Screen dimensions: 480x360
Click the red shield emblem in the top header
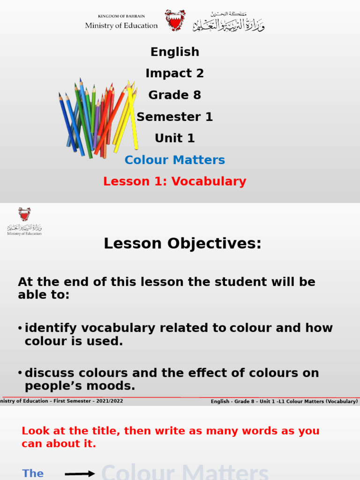175,20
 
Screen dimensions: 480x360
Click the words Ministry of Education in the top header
121,26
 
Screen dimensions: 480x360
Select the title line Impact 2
175,74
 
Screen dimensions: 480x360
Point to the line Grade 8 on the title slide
175,95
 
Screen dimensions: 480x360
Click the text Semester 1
175,117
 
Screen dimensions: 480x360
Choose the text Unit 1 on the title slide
175,138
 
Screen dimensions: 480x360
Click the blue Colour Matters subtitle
175,160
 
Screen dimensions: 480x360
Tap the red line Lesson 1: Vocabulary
175,181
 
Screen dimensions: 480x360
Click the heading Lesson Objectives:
182,244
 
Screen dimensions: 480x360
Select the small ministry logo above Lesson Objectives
24,221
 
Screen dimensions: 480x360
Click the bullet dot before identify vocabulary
20,328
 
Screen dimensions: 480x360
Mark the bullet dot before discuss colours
20,373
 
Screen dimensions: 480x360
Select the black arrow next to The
80,474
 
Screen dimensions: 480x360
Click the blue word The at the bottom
33,473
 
